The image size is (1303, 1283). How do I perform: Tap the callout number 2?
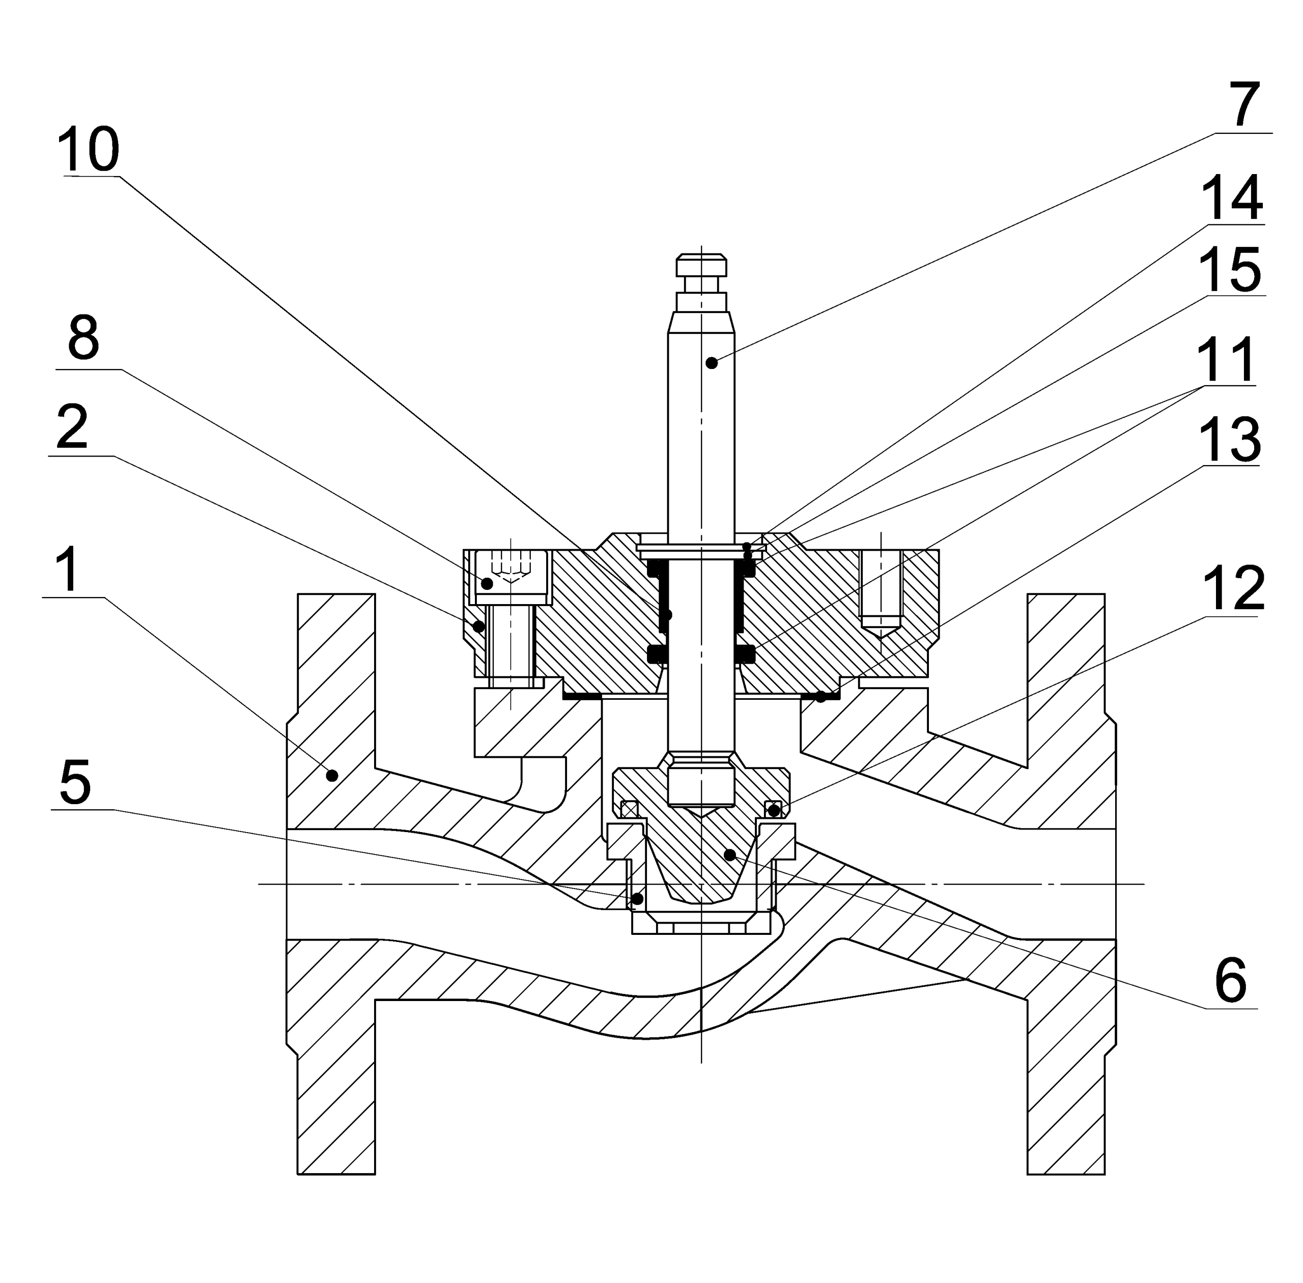click(x=72, y=427)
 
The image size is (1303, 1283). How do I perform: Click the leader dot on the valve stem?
click(x=711, y=363)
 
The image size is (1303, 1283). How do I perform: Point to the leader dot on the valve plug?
click(x=729, y=855)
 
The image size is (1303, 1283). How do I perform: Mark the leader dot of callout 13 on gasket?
click(x=820, y=697)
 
